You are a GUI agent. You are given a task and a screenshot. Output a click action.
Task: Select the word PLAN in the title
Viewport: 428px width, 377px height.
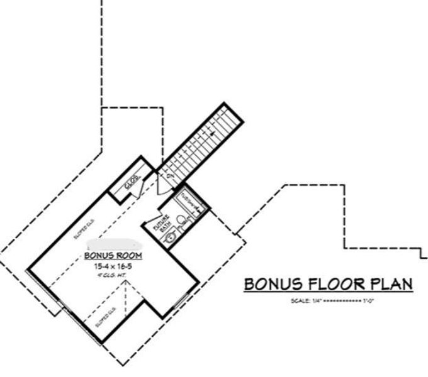[390, 284]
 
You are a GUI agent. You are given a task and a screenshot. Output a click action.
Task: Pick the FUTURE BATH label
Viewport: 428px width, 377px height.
[159, 224]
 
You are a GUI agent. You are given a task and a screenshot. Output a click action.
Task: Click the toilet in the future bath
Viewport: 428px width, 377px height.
[181, 220]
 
